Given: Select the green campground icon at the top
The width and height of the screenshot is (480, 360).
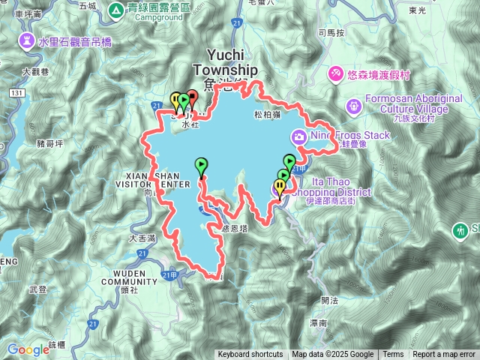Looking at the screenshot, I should pos(116,10).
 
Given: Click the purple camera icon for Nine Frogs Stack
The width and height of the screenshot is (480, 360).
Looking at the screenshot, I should pos(298,136).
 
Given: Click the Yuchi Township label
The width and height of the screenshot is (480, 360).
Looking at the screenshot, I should pos(225,62).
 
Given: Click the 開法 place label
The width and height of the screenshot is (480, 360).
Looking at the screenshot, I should pos(329,299).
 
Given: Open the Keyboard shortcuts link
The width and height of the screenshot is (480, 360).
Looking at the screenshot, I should pos(250,355).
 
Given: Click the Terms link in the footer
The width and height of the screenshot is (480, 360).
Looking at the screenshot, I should pos(393,355).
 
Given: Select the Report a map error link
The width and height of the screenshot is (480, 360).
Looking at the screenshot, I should pos(444,355).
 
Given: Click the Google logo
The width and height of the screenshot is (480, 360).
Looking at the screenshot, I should pos(28,349).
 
